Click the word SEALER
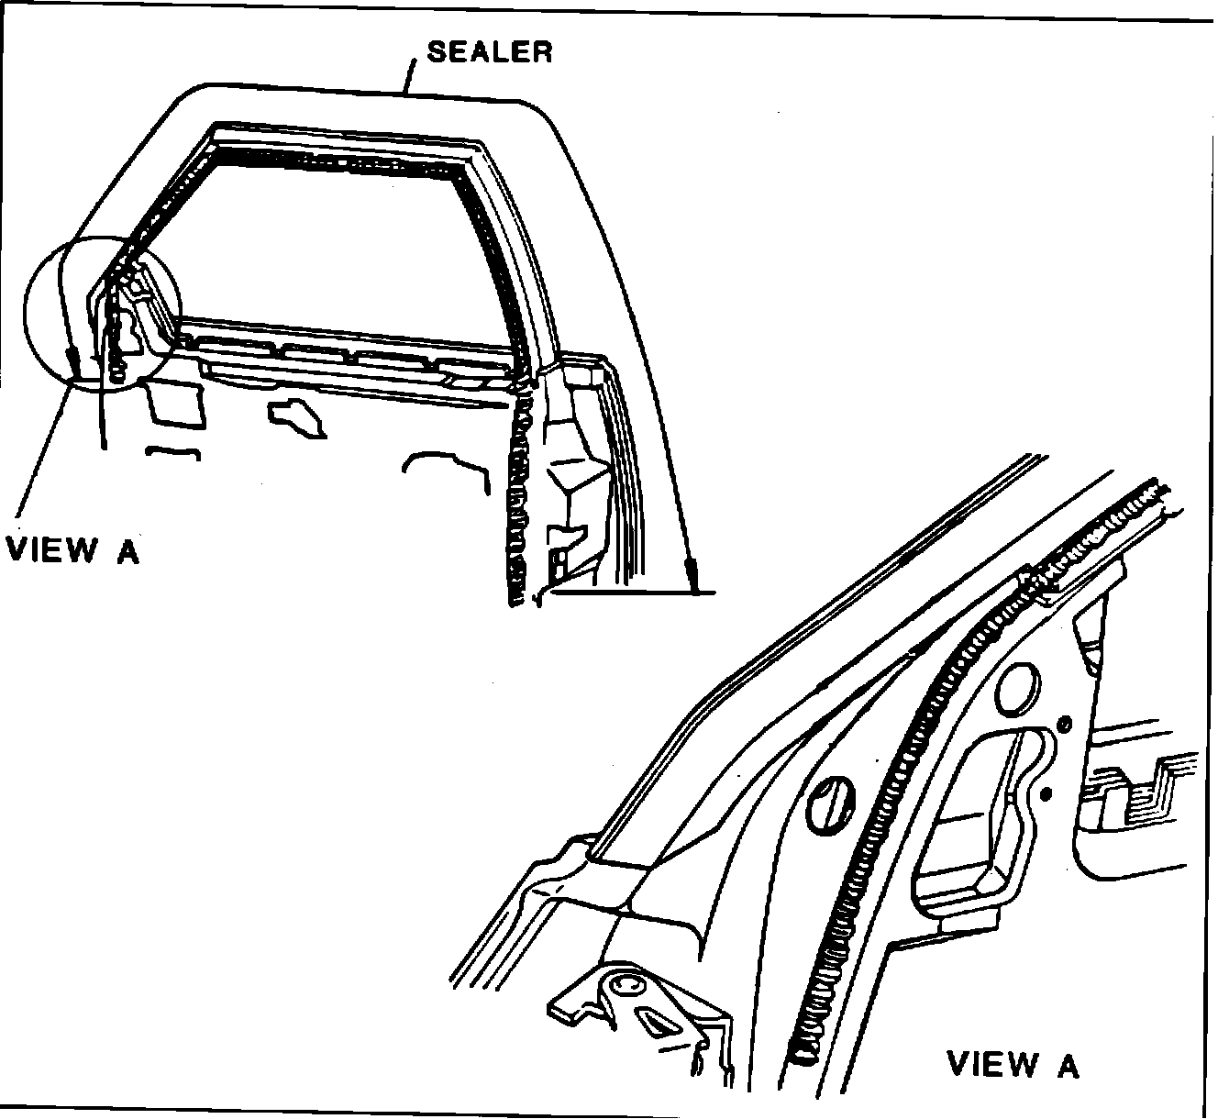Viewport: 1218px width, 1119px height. point(490,51)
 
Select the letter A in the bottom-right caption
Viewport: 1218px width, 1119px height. point(1067,1065)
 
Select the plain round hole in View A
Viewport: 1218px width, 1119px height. point(1016,690)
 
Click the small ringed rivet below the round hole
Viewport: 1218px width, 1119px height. point(1064,725)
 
